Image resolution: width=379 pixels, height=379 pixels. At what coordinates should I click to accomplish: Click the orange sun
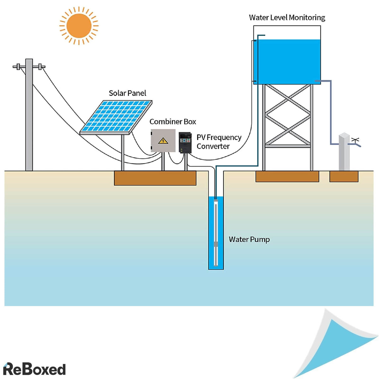[79, 26]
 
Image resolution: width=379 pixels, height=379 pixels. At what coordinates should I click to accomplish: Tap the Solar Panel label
[127, 93]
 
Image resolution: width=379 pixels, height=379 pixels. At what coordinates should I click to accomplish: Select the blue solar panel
[116, 116]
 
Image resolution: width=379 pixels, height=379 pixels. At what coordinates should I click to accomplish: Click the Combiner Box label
[172, 122]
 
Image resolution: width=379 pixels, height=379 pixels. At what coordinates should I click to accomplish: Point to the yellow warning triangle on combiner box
[163, 141]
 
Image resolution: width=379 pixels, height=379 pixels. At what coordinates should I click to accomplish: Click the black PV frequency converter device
[185, 142]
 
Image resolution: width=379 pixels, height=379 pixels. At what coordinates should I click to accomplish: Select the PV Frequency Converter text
[219, 142]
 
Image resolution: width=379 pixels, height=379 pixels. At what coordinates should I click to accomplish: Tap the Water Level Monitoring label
[287, 18]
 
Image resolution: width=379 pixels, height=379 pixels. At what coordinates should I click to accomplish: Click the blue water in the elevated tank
[287, 62]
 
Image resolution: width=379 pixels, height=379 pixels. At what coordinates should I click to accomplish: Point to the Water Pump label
[249, 239]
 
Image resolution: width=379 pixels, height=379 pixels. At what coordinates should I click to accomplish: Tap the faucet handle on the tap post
[356, 140]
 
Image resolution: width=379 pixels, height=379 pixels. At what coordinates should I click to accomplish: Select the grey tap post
[344, 152]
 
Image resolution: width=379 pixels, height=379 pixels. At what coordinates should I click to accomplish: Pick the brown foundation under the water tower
[287, 176]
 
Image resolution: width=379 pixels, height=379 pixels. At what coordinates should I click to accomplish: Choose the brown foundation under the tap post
[344, 176]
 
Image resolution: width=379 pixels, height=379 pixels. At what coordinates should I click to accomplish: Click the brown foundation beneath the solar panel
[155, 178]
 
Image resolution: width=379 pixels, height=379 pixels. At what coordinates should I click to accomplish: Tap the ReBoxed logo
[34, 369]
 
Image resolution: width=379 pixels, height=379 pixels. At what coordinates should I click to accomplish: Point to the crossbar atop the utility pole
[29, 67]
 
